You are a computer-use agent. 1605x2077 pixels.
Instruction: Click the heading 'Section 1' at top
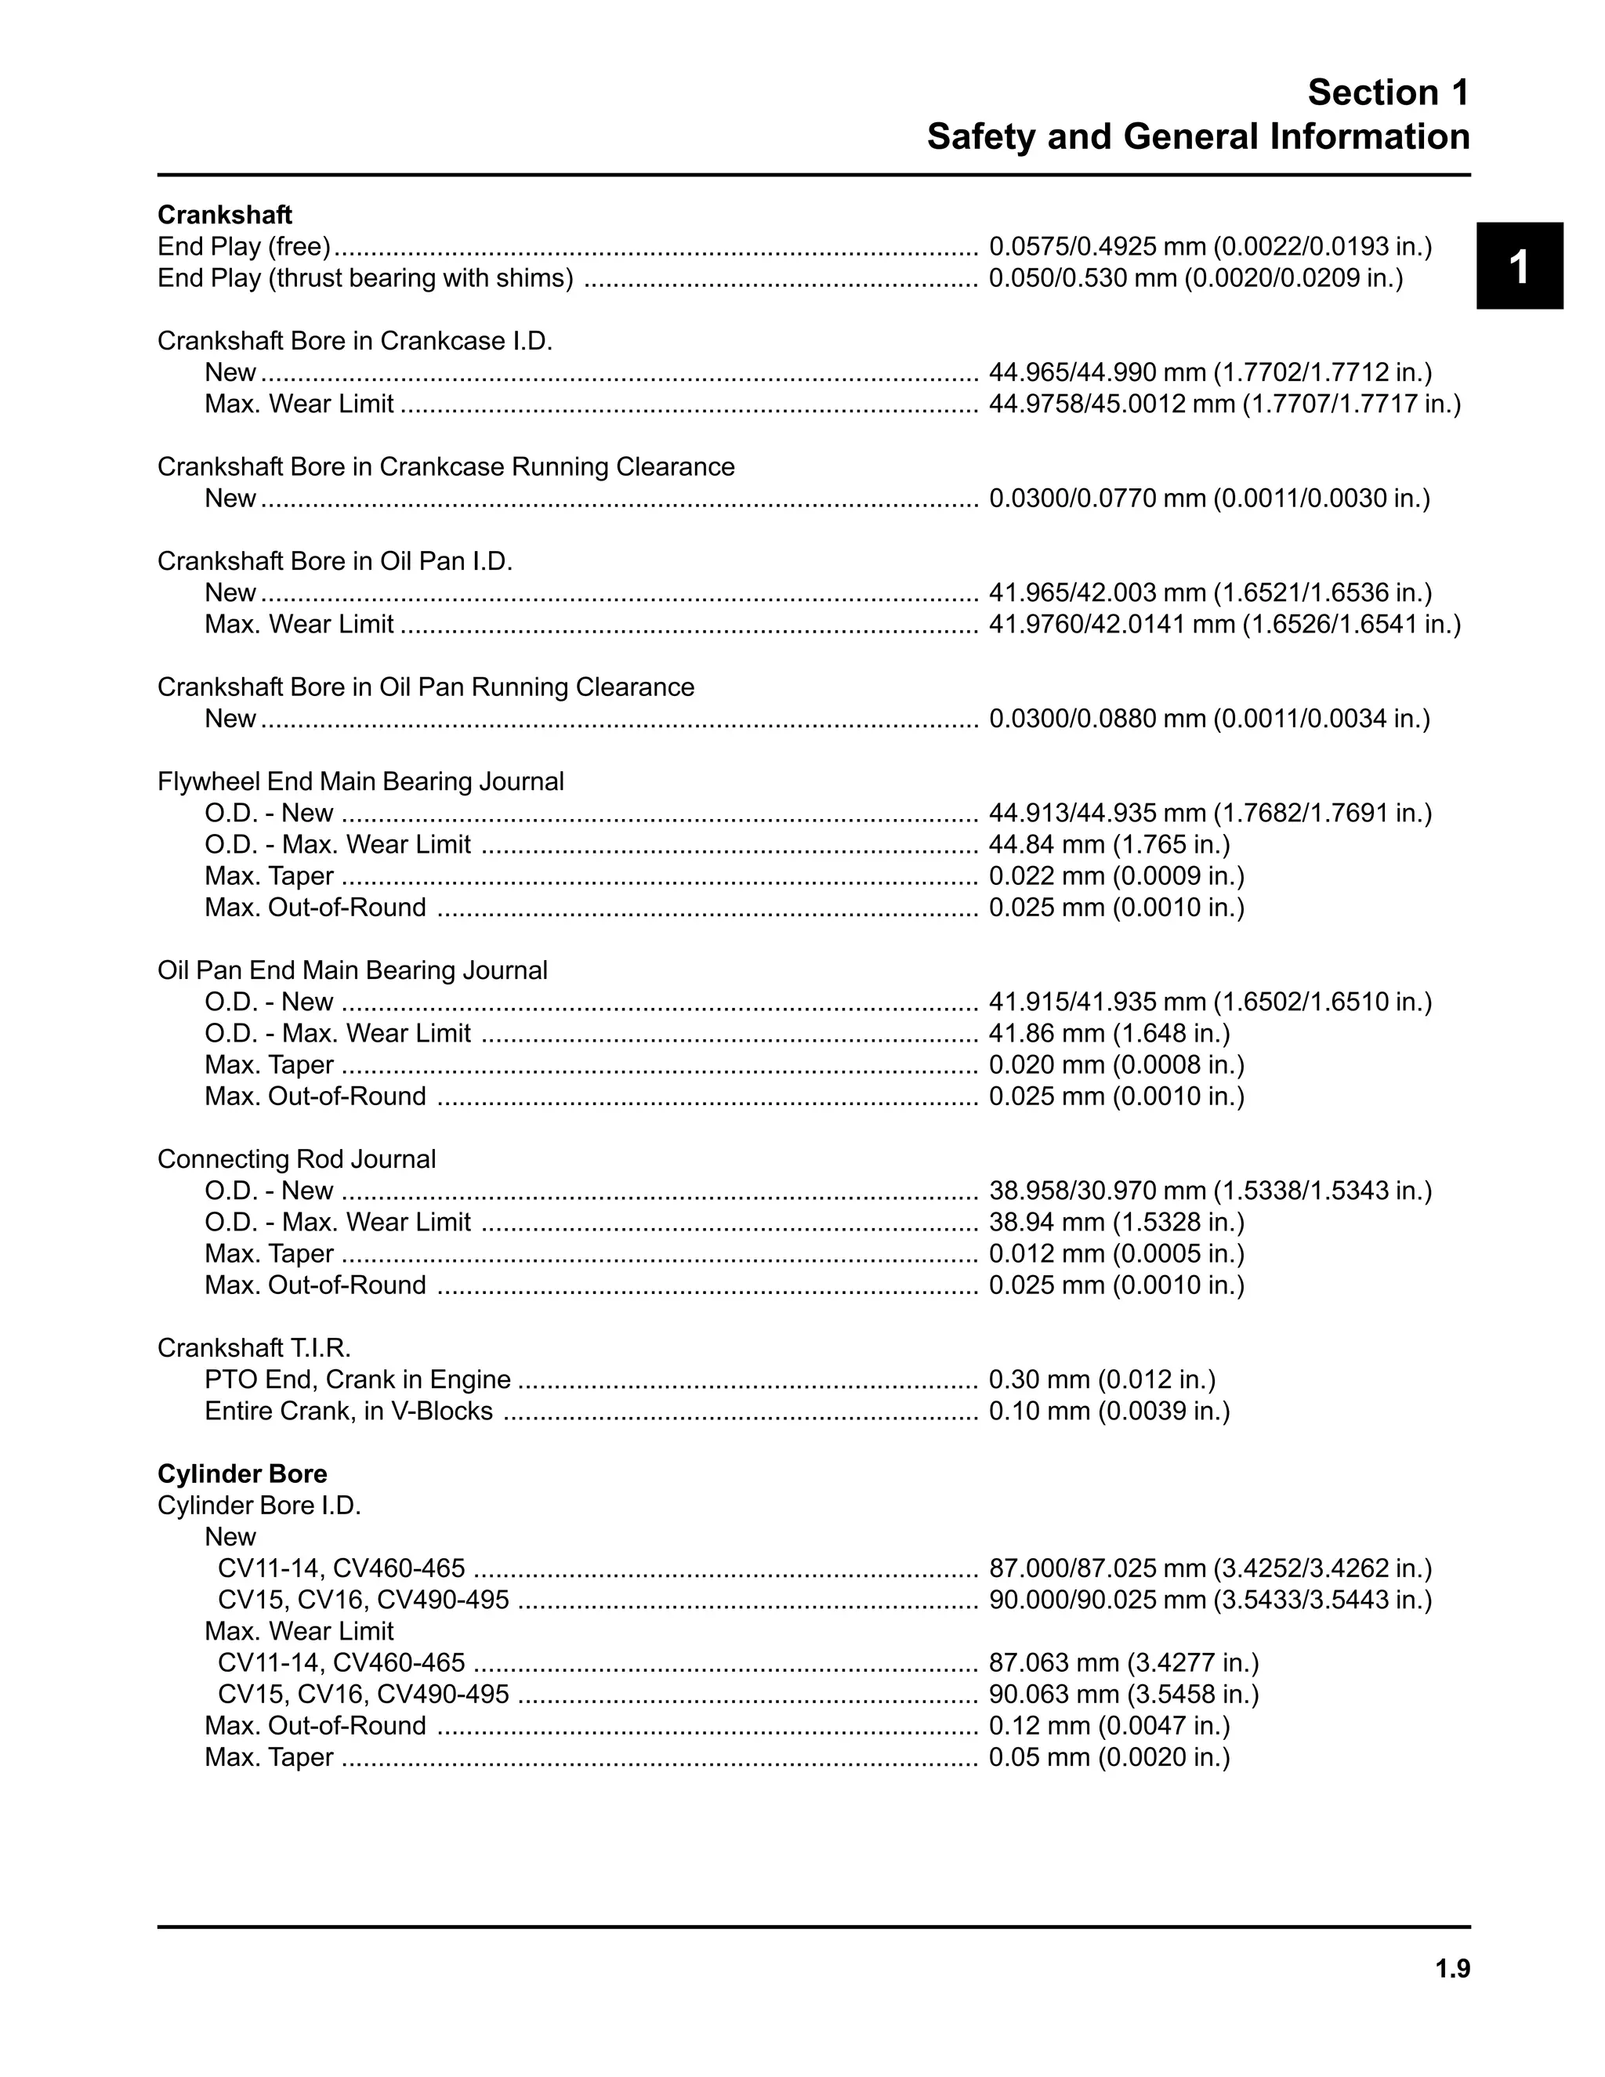click(x=1387, y=92)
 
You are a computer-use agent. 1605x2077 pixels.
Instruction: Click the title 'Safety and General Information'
click(x=1197, y=137)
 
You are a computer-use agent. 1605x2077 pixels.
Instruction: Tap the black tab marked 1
click(x=1519, y=266)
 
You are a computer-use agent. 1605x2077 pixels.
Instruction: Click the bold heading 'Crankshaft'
click(x=224, y=215)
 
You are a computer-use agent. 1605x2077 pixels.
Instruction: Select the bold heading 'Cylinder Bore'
click(x=241, y=1474)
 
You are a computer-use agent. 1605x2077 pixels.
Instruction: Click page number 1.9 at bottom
click(x=1452, y=1969)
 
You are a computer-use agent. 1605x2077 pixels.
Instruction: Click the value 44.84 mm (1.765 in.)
click(x=1109, y=844)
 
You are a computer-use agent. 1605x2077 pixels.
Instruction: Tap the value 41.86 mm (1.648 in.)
click(x=1109, y=1034)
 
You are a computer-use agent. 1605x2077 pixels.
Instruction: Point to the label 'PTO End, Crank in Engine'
click(x=357, y=1380)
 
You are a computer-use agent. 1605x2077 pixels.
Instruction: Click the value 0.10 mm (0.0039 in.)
click(x=1109, y=1412)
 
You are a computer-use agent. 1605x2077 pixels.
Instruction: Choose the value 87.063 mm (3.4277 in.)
click(x=1123, y=1663)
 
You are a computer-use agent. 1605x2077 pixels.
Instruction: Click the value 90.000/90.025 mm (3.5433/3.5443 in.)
click(x=1209, y=1600)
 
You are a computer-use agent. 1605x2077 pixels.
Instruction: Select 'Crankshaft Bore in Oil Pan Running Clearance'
click(x=425, y=687)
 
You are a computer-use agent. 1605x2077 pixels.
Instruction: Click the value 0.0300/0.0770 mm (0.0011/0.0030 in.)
click(x=1208, y=499)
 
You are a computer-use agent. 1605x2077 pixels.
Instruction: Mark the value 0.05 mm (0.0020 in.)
click(x=1109, y=1757)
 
